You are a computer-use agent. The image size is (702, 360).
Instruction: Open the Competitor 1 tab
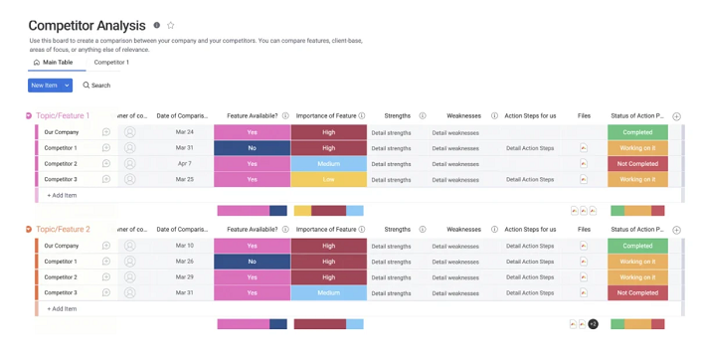pos(111,63)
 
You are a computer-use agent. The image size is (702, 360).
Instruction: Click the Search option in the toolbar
pos(96,86)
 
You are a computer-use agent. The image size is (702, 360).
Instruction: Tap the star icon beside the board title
pos(170,26)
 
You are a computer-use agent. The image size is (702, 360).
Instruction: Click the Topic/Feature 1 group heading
pos(63,116)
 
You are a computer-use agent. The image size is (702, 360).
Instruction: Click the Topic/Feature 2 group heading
pos(63,230)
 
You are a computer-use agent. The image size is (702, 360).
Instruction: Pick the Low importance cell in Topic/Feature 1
pos(328,180)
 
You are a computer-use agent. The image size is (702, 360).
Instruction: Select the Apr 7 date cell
pos(184,164)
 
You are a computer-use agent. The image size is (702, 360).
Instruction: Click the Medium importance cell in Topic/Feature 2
pos(328,293)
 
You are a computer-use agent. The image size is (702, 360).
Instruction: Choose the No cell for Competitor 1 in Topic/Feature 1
pos(252,148)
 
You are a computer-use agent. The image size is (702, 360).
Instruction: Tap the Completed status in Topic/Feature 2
pos(637,246)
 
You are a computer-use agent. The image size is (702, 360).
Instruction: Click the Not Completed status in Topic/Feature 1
pos(637,164)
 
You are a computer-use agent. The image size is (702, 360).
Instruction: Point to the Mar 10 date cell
pos(184,246)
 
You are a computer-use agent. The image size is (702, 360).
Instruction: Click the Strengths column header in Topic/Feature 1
pos(397,116)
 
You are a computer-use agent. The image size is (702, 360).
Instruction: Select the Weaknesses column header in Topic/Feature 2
pos(463,230)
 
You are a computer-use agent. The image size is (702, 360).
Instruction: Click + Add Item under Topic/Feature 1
pos(62,196)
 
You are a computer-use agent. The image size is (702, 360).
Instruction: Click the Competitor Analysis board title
pos(87,26)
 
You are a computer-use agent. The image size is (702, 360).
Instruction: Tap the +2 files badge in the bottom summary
pos(593,324)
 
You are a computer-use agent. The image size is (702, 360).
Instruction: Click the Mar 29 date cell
pos(184,277)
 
